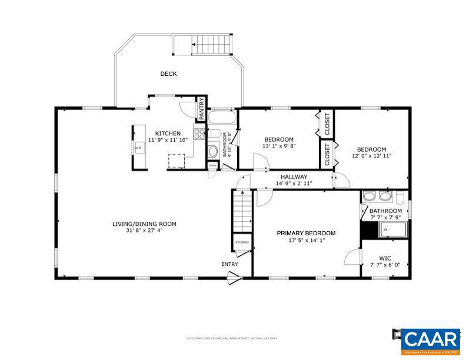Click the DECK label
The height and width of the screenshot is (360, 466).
tap(168, 74)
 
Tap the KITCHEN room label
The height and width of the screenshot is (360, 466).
tap(168, 134)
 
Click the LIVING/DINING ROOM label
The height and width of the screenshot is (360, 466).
tap(144, 224)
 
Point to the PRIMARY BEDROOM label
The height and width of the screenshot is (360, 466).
tap(306, 233)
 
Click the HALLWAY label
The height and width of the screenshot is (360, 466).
tap(294, 176)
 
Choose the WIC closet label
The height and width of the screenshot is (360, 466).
tap(385, 258)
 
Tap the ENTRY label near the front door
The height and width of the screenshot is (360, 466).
tap(229, 264)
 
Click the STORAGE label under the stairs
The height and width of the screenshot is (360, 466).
tap(242, 242)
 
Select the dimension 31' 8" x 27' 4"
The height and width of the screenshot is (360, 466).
tap(144, 231)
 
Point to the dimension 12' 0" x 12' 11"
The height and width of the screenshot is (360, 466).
tap(372, 156)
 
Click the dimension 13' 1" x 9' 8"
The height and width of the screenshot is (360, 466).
tap(278, 146)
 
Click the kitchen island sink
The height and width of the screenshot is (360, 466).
tap(139, 148)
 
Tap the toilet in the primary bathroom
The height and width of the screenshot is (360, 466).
tap(400, 196)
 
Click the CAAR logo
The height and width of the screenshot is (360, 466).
tap(431, 340)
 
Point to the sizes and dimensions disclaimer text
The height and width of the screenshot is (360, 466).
tap(232, 338)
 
